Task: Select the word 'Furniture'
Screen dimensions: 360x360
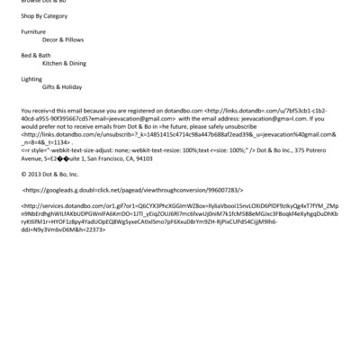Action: pos(34,31)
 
